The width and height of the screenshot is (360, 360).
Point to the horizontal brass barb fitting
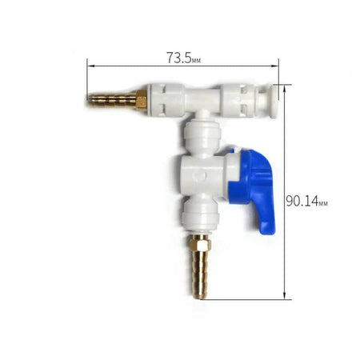point(118,100)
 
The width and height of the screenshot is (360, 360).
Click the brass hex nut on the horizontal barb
point(142,99)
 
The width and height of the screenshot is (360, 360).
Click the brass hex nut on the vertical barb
point(200,242)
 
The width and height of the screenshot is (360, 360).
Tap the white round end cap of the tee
point(274,102)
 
